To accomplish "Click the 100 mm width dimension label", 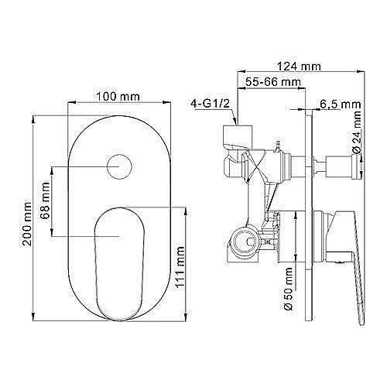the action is tap(118, 97).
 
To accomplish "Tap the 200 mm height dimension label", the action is tap(27, 224).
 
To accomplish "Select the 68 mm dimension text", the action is tap(45, 200).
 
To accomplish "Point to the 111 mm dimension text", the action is tap(180, 267).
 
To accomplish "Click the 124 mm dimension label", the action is tap(299, 67).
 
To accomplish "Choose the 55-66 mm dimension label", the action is tap(273, 82).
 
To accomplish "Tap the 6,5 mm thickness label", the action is tap(341, 104).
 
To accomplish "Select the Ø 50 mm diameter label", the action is tap(288, 289).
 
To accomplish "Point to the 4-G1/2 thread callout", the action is tap(210, 104).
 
